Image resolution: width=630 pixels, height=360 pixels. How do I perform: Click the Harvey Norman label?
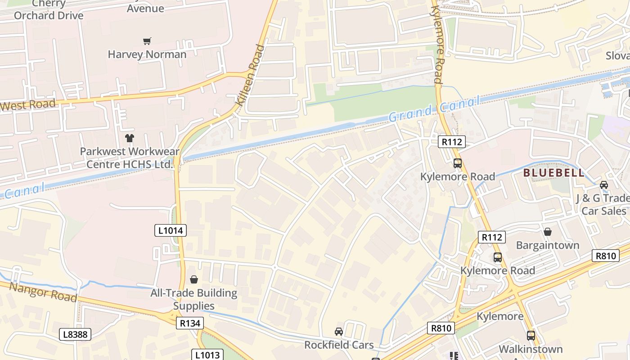pyautogui.click(x=147, y=54)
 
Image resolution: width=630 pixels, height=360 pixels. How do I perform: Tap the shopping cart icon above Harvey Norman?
pyautogui.click(x=147, y=41)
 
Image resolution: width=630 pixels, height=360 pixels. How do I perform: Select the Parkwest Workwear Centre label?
pyautogui.click(x=130, y=158)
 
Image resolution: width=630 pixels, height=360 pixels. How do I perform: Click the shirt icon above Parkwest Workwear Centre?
pyautogui.click(x=130, y=138)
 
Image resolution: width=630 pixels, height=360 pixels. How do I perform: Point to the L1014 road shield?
pyautogui.click(x=171, y=231)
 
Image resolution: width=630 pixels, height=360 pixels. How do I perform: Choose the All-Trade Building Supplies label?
pyautogui.click(x=194, y=299)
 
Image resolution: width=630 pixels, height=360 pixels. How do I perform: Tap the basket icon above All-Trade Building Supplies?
pyautogui.click(x=194, y=279)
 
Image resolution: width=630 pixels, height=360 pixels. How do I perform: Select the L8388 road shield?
pyautogui.click(x=75, y=334)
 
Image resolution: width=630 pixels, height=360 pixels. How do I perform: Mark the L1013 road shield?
pyautogui.click(x=208, y=355)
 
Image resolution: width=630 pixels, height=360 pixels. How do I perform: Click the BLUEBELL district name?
pyautogui.click(x=553, y=173)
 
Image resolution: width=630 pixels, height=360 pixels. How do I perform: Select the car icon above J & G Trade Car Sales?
pyautogui.click(x=604, y=184)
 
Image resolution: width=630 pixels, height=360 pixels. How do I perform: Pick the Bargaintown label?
pyautogui.click(x=548, y=245)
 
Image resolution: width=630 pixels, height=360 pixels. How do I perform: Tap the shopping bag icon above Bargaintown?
pyautogui.click(x=548, y=232)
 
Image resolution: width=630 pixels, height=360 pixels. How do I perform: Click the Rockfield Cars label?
pyautogui.click(x=339, y=345)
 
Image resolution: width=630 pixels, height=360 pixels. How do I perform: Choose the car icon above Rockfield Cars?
pyautogui.click(x=339, y=332)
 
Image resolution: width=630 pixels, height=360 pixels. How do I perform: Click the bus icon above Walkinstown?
pyautogui.click(x=531, y=335)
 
